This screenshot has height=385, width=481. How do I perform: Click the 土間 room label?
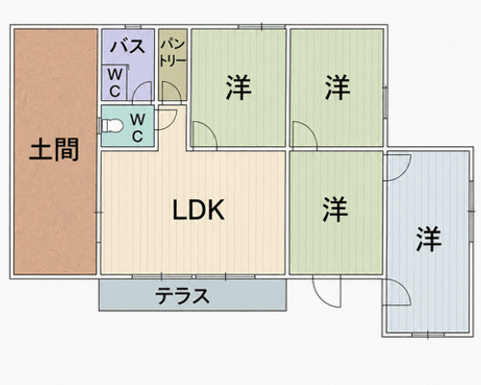[54, 149]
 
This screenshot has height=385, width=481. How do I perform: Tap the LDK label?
[198, 210]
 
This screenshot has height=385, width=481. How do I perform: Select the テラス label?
[182, 295]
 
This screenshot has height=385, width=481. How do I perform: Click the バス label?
[128, 46]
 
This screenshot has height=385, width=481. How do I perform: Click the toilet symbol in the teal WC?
[112, 126]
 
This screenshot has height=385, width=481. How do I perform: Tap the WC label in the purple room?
[114, 83]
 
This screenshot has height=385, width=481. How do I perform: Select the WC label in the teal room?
[138, 128]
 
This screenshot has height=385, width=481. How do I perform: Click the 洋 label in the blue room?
[429, 240]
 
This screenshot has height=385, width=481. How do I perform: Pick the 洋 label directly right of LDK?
[336, 209]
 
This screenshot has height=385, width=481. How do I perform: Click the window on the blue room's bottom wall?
[428, 335]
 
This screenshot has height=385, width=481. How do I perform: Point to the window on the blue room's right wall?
[471, 211]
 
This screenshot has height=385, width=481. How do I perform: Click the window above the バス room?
[133, 27]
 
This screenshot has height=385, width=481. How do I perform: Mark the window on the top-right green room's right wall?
[385, 102]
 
